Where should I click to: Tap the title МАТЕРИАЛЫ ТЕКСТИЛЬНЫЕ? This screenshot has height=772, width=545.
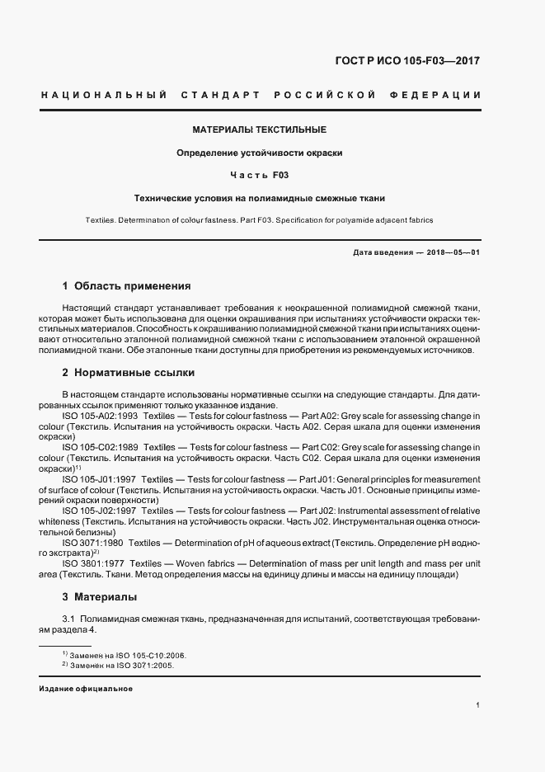(260, 129)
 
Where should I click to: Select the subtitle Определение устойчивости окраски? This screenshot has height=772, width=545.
(260, 153)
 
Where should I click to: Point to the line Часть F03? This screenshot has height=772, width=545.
(260, 175)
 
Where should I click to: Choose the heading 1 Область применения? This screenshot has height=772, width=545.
(126, 286)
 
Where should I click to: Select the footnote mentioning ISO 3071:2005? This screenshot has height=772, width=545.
(118, 664)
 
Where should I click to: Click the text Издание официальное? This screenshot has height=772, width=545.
(86, 688)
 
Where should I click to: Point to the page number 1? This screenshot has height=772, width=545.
(478, 705)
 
